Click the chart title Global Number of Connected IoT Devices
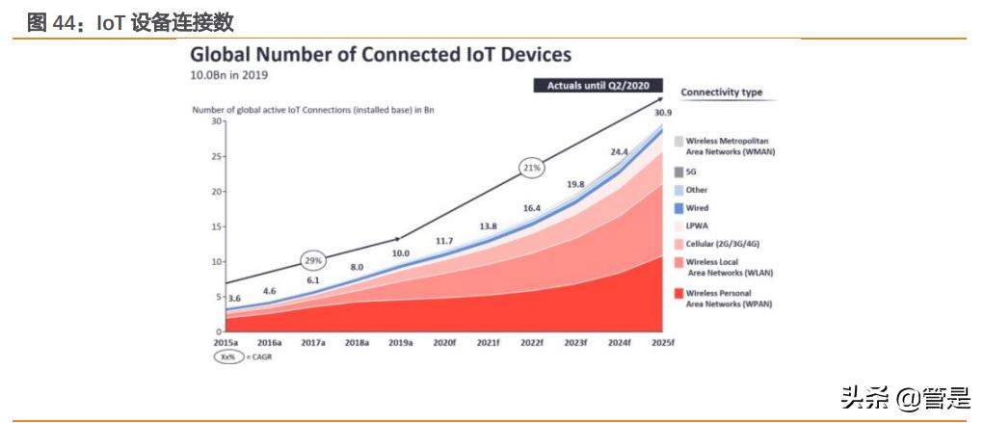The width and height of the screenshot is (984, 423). [x=381, y=55]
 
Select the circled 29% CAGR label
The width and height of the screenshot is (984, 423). [x=314, y=261]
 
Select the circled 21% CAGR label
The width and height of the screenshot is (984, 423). [x=533, y=167]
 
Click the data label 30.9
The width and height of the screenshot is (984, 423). [x=663, y=114]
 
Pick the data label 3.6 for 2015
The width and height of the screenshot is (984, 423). [x=234, y=299]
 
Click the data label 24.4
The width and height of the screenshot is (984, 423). [x=620, y=152]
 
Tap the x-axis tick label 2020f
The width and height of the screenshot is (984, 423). [x=443, y=343]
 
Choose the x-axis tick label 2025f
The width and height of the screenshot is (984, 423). [x=663, y=343]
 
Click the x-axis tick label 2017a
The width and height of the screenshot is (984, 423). [x=313, y=343]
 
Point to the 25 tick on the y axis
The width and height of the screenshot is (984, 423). [x=217, y=157]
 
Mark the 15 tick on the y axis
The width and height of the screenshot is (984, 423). [x=217, y=226]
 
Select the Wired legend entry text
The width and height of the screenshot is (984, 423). [x=697, y=208]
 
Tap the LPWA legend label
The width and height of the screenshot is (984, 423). [x=696, y=225]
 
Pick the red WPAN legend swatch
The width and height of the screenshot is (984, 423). [x=678, y=293]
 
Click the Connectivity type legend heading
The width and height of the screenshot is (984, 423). [x=722, y=93]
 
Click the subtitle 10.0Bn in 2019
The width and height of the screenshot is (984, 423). [x=228, y=74]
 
